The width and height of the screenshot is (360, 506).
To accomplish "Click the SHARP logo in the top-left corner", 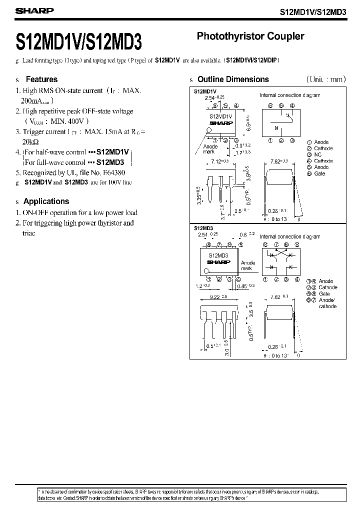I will [x=28, y=10].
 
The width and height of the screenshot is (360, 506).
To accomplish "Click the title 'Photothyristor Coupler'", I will [x=250, y=36].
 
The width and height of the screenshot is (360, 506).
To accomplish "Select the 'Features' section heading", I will [x=41, y=79].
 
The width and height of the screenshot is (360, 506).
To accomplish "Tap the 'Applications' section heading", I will [x=46, y=201].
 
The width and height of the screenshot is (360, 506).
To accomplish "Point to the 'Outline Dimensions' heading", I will [x=233, y=79].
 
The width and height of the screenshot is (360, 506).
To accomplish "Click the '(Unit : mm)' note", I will [x=325, y=79].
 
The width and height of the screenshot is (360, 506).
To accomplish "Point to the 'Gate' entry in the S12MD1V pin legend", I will [x=319, y=173].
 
